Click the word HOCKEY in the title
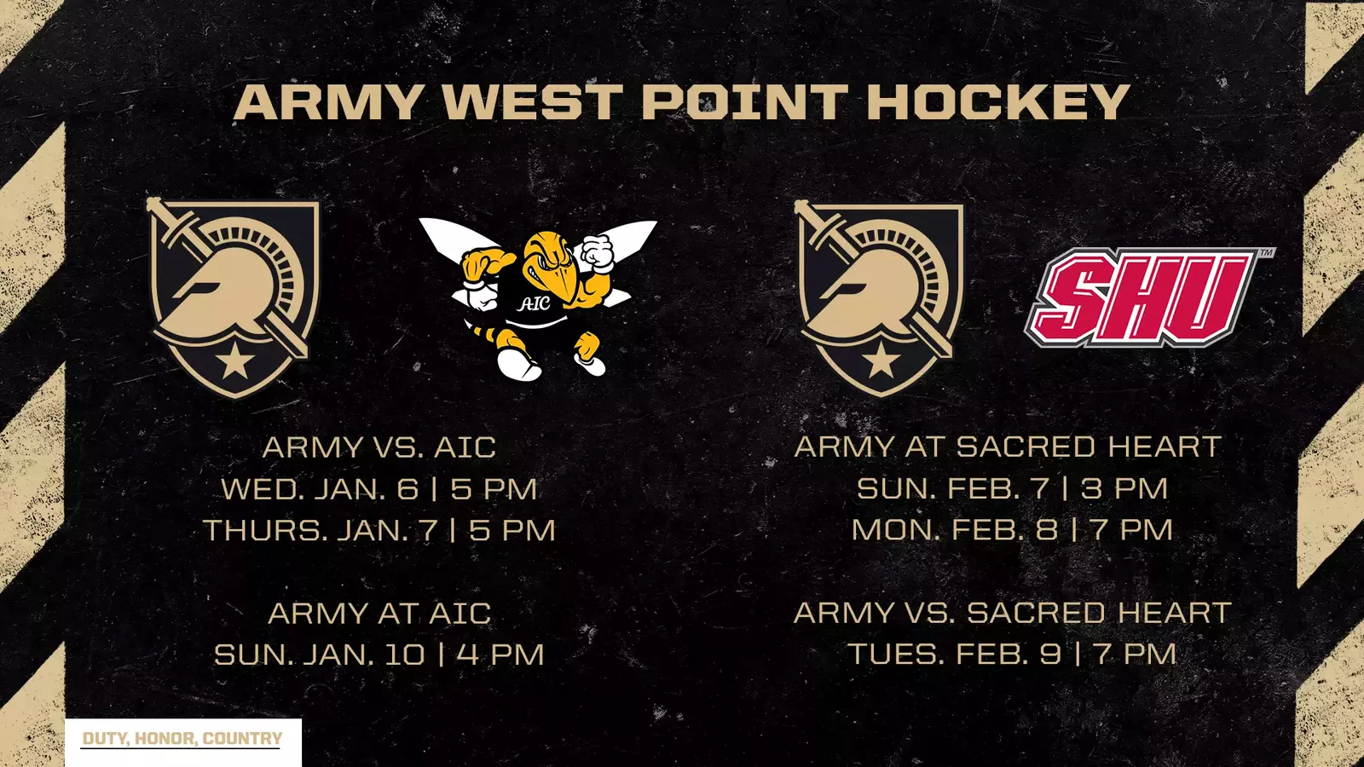[x=998, y=102]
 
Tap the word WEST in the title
[x=531, y=102]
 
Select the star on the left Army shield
[x=234, y=362]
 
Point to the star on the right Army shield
[x=881, y=360]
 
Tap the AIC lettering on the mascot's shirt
[x=535, y=303]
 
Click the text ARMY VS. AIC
[x=379, y=447]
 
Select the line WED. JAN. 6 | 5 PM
[x=379, y=489]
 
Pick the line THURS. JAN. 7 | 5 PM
[x=379, y=530]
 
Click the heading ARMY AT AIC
[x=379, y=614]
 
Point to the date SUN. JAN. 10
[x=319, y=655]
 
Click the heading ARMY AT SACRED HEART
[x=1008, y=447]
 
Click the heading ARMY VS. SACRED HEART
[x=1012, y=613]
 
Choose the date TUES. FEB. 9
[x=955, y=654]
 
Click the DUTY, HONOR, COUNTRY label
[x=182, y=739]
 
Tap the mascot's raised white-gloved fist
[x=598, y=252]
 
